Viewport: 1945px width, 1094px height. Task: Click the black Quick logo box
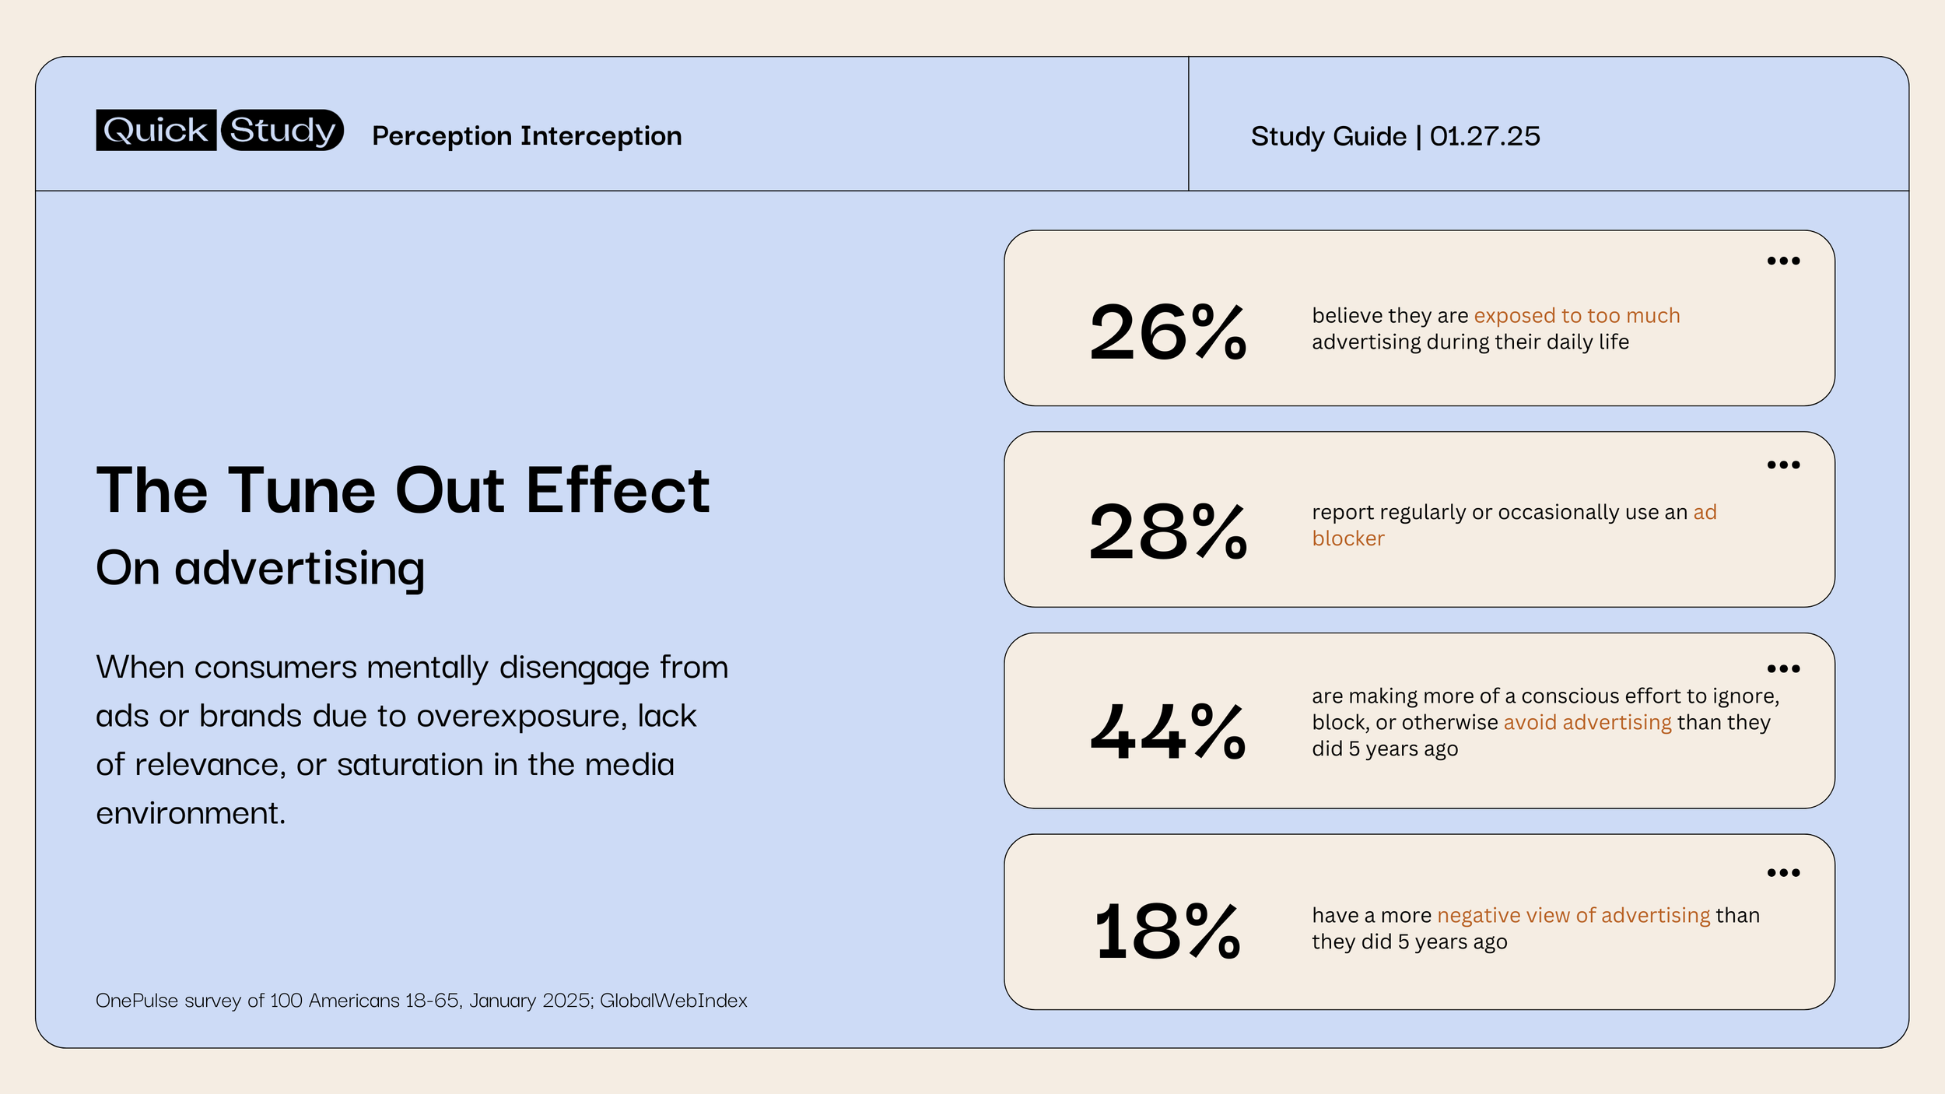coord(156,130)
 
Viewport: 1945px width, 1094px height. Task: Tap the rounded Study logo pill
coord(282,130)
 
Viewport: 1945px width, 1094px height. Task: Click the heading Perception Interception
coord(527,136)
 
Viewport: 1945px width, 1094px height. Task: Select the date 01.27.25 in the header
coord(1484,136)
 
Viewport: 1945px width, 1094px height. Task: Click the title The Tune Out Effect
coord(402,490)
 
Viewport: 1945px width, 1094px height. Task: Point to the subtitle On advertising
coord(260,568)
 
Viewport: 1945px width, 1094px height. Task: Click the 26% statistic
coord(1167,333)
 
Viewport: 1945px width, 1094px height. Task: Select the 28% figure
coord(1167,532)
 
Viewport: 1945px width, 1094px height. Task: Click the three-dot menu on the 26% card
coord(1783,261)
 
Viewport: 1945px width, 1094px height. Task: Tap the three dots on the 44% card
coord(1783,668)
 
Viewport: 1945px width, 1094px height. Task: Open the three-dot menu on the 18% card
coord(1783,872)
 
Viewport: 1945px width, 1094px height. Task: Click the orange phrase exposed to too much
coord(1576,316)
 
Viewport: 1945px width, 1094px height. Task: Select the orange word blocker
coord(1347,538)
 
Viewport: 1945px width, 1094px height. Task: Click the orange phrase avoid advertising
coord(1587,722)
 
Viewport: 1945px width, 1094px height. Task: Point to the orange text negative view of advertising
coord(1573,915)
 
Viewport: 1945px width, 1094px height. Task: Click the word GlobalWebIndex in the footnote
coord(673,1001)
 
